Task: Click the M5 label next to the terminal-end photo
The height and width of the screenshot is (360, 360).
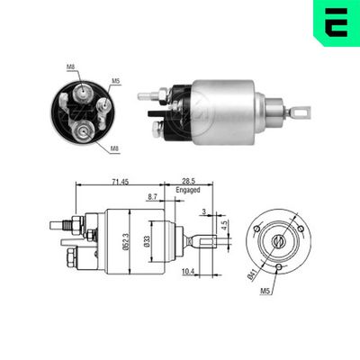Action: [x=115, y=81]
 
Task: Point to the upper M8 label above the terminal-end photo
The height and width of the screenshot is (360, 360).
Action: [x=72, y=65]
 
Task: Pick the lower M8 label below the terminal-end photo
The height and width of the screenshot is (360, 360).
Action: [x=114, y=148]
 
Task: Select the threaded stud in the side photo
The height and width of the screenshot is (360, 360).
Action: [x=148, y=94]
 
